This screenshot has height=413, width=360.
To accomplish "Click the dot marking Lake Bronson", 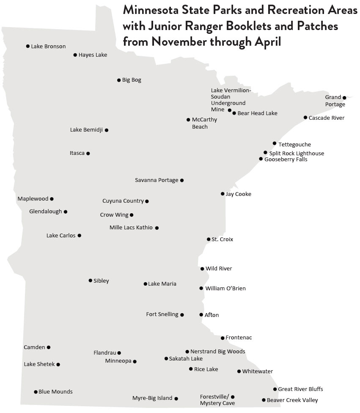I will coord(28,46).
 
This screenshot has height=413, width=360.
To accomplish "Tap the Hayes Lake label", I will coord(93,55).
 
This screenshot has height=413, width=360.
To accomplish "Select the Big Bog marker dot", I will coord(119,80).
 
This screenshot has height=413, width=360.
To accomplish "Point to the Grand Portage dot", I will coord(344,98).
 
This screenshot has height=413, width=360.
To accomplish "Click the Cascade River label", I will coord(327,118).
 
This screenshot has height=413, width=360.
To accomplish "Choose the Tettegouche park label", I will coord(294,145).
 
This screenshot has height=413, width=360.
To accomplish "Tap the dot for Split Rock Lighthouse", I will coord(265,153).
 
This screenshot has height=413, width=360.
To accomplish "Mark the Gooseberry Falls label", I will coord(286,160).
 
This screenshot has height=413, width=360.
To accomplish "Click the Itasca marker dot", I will coord(88,153).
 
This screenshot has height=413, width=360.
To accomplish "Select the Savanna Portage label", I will coord(157,180).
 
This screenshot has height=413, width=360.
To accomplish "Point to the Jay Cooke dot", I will coord(223,194).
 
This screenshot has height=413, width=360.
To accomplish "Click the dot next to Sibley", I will coord(90,281).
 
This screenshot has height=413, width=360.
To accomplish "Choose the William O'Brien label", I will coord(225,289).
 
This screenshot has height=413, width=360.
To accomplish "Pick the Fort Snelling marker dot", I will coord(182,315).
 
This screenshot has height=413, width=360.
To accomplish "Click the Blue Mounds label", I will coord(55,392).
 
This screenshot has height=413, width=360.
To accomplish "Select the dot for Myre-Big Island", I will coord(176,398).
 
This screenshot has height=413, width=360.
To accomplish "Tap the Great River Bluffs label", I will coord(300,389).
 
